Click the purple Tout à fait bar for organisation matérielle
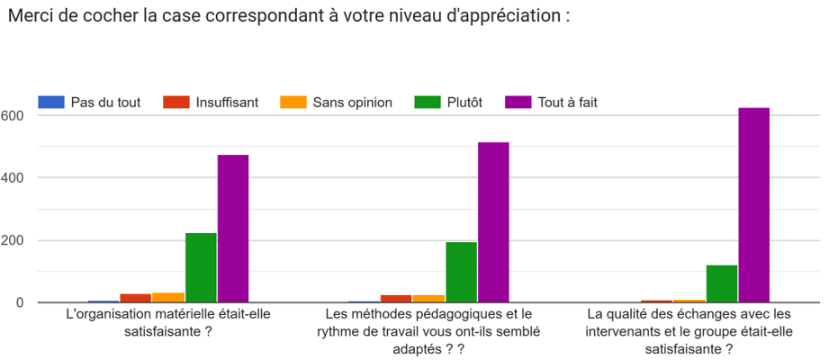[233, 229]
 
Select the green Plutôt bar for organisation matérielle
[201, 267]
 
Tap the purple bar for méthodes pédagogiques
[493, 222]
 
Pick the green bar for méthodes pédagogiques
[461, 272]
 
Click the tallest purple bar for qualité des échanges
[753, 205]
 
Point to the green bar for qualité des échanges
[721, 283]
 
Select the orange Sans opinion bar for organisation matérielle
[168, 297]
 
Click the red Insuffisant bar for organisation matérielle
[136, 298]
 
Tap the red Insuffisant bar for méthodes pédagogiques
[396, 298]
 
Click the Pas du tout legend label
[105, 103]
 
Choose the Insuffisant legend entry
[227, 103]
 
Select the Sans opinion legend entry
[352, 103]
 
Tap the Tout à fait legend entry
[567, 103]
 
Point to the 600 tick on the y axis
[12, 116]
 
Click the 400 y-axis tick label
[12, 178]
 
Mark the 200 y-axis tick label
[12, 240]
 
